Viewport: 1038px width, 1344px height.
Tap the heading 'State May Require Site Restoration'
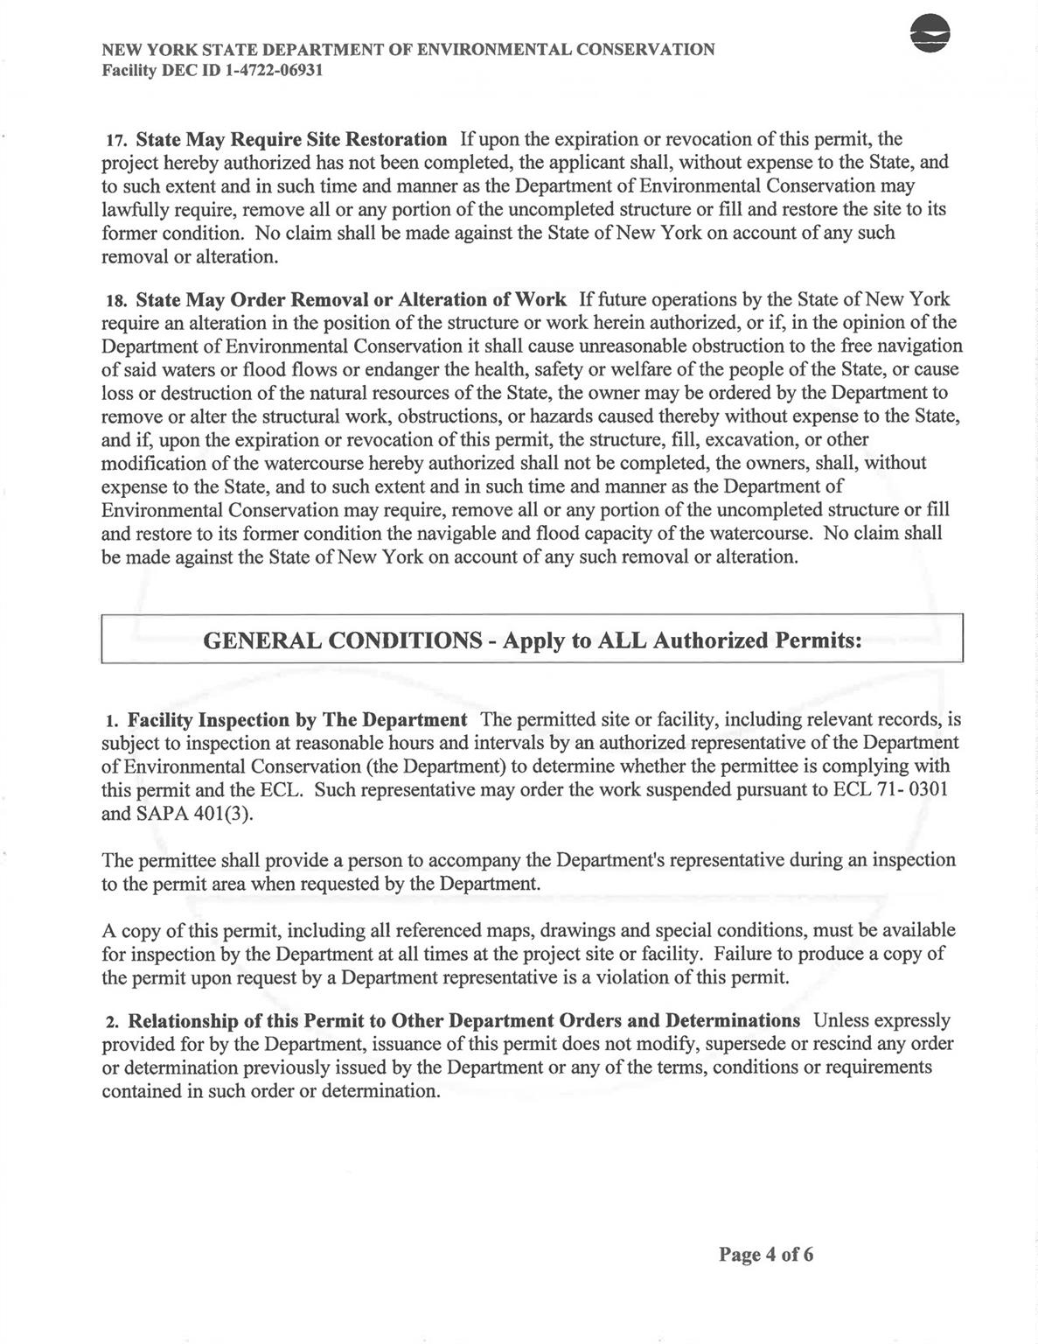(x=291, y=140)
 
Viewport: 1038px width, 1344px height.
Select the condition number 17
(x=117, y=141)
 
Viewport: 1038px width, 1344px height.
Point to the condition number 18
(x=117, y=301)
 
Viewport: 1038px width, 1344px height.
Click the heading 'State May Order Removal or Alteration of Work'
(x=351, y=300)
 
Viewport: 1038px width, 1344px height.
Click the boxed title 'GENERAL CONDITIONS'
(x=342, y=640)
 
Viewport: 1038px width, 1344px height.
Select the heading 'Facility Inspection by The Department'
(x=297, y=720)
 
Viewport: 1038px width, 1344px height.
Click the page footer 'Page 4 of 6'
(x=766, y=1255)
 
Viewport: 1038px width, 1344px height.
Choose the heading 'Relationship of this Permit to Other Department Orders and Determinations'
(x=464, y=1021)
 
